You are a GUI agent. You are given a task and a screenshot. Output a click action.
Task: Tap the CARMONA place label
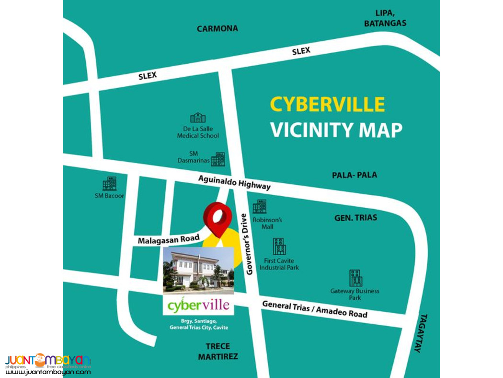[x=217, y=29]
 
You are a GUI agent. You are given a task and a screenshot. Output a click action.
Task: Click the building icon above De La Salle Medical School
[x=198, y=118]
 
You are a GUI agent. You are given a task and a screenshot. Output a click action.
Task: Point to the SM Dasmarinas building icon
[x=218, y=159]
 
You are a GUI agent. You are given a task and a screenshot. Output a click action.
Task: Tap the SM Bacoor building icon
[x=109, y=184]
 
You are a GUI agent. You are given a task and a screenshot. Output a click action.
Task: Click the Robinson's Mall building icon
[x=260, y=207]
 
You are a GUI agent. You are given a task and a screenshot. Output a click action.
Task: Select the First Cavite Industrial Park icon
[x=279, y=247]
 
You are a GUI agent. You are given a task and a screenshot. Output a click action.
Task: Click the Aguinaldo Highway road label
[x=235, y=182]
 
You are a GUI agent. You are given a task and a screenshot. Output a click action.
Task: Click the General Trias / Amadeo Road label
[x=315, y=309]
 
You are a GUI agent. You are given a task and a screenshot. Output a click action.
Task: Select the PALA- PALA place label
[x=354, y=175]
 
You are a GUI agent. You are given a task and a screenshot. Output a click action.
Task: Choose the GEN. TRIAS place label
[x=355, y=218]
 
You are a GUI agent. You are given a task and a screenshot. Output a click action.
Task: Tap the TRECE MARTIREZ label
[x=218, y=351]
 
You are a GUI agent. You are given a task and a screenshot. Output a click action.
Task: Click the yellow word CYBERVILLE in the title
[x=327, y=105]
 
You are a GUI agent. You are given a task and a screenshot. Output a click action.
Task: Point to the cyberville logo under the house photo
[x=198, y=305]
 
